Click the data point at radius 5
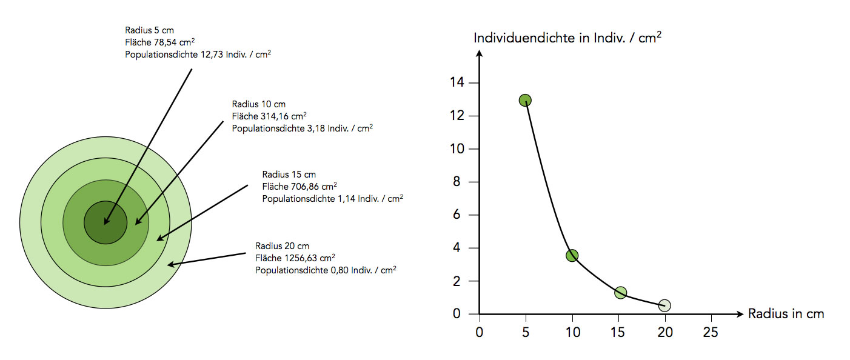pyautogui.click(x=525, y=100)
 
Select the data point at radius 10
pyautogui.click(x=572, y=256)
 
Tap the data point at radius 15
pyautogui.click(x=620, y=293)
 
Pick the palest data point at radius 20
pyautogui.click(x=664, y=305)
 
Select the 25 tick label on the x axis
pyautogui.click(x=711, y=332)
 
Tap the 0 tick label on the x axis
pyautogui.click(x=480, y=332)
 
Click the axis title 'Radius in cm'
pyautogui.click(x=786, y=314)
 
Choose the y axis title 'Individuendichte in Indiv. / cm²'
pyautogui.click(x=567, y=38)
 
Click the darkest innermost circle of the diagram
pyautogui.click(x=105, y=222)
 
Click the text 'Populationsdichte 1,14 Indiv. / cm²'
pyautogui.click(x=332, y=198)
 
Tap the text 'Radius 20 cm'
pyautogui.click(x=282, y=245)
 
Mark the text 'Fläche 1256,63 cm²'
pyautogui.click(x=295, y=258)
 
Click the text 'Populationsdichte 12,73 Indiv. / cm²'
pyautogui.click(x=198, y=55)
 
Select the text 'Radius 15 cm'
pyautogui.click(x=289, y=175)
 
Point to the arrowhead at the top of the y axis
pyautogui.click(x=480, y=54)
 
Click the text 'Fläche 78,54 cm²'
pyautogui.click(x=160, y=42)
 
